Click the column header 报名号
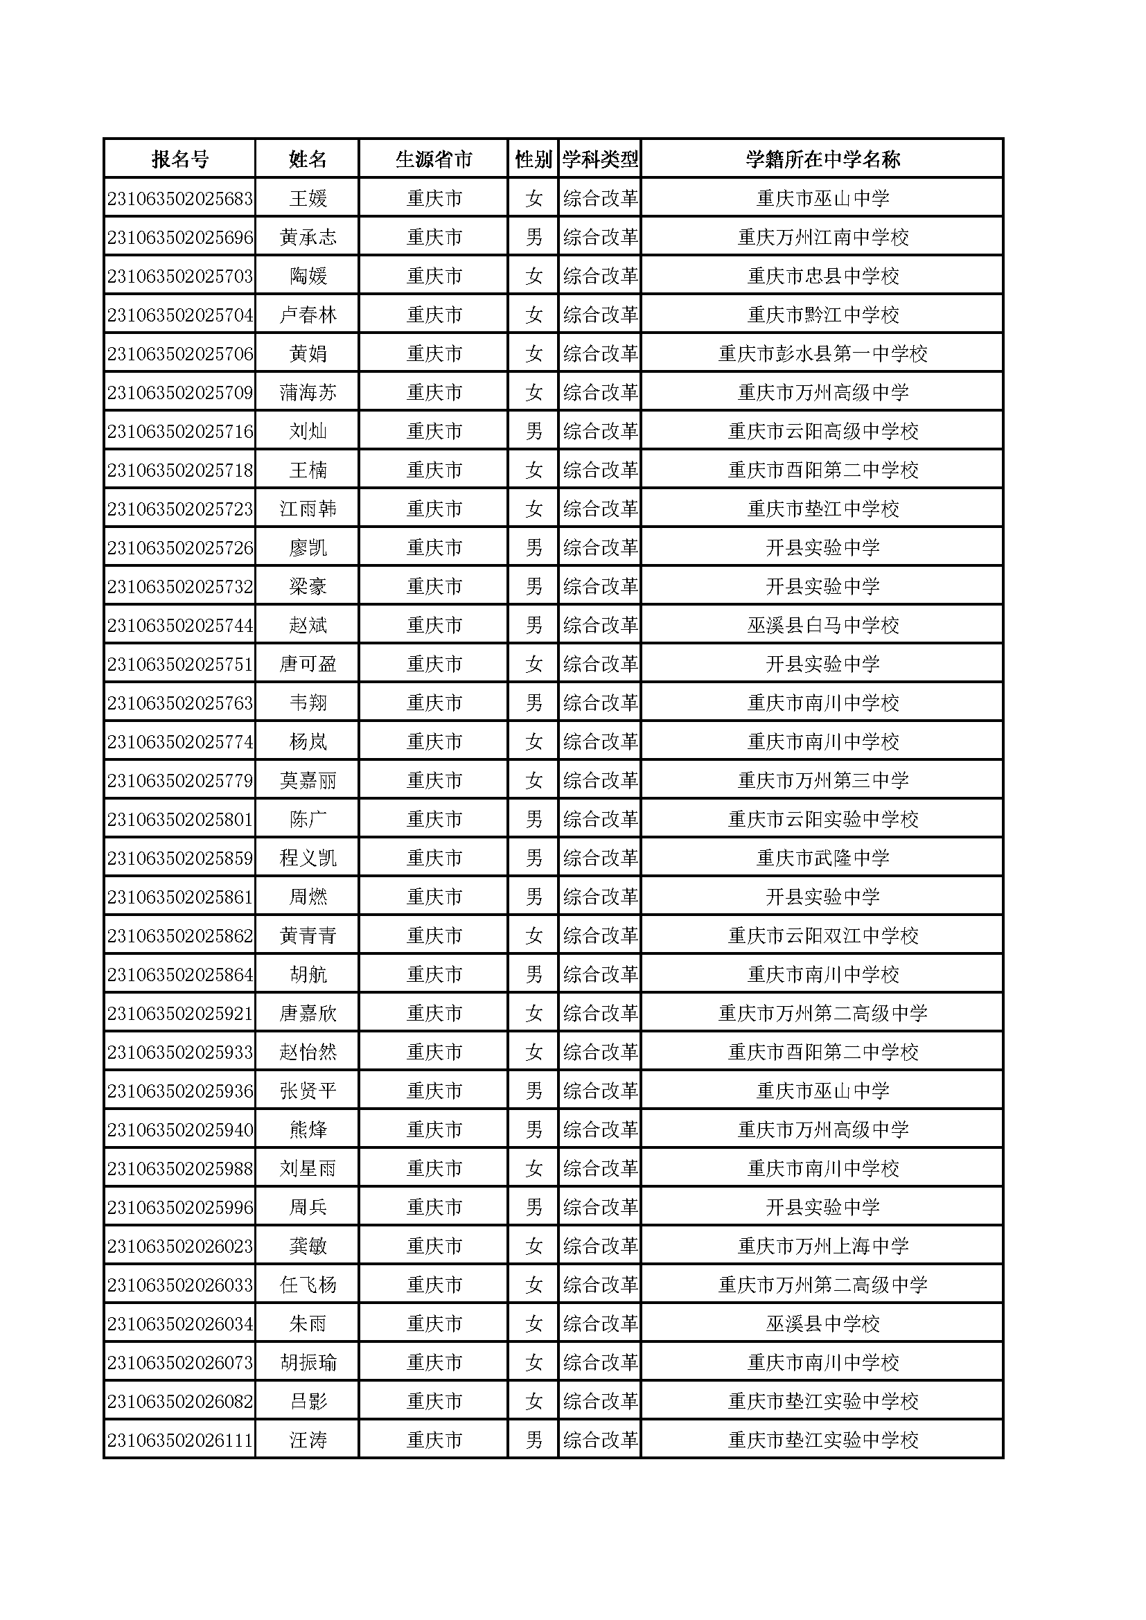pos(180,159)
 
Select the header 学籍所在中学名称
pos(823,159)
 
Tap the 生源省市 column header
pos(434,159)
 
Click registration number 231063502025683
pos(180,199)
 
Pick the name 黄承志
pos(308,238)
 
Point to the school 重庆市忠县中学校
pos(823,276)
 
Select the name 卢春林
pos(308,315)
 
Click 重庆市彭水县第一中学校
pos(823,354)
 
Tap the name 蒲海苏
pos(308,393)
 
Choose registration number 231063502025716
pos(180,432)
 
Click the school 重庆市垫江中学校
pos(823,509)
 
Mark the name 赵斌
pos(308,626)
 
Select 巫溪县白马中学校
pos(823,626)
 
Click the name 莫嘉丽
pos(308,781)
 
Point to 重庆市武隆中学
pos(823,859)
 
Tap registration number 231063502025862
pos(180,936)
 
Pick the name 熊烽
pos(308,1130)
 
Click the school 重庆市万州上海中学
pos(823,1247)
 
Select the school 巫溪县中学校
pos(823,1324)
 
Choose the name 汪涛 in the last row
pos(308,1441)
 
